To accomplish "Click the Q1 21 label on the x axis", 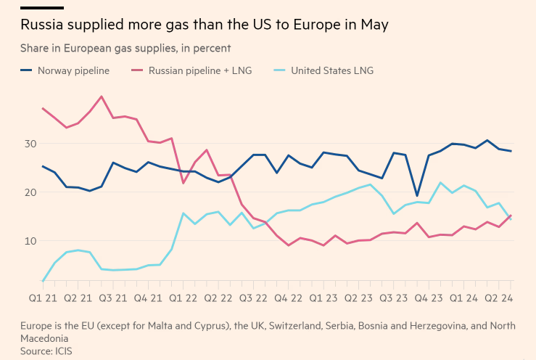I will click(x=43, y=298).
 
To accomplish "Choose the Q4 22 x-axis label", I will click(x=288, y=298).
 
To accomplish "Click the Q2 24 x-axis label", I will click(x=498, y=298).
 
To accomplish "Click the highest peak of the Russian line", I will click(x=101, y=97).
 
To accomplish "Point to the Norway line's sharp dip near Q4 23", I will click(x=417, y=195).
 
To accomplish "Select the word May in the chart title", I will click(x=374, y=25).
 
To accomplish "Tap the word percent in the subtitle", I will click(x=211, y=49).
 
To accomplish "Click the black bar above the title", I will click(x=42, y=7).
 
